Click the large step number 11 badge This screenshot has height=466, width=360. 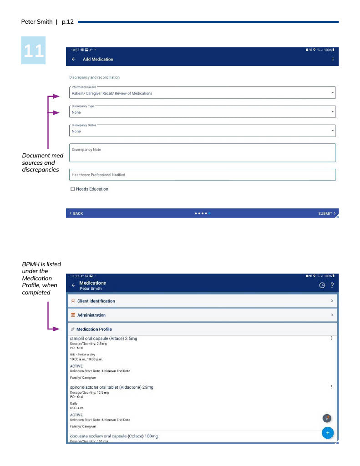33,50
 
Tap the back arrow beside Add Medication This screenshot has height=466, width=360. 74,59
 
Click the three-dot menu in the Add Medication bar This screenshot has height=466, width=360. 333,59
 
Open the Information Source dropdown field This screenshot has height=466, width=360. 202,93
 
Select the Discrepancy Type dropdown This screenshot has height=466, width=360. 202,112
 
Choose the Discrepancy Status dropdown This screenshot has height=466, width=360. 202,131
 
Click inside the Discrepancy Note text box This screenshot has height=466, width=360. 202,153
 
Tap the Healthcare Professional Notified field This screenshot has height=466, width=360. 202,175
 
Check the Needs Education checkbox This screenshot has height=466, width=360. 72,189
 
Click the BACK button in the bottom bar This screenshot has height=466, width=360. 76,213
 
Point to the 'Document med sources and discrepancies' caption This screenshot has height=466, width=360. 42,162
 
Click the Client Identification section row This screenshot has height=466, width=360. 202,301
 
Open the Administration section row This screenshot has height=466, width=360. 202,315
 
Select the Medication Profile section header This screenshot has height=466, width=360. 202,329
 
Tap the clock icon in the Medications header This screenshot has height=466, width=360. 322,285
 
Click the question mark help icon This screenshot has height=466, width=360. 332,285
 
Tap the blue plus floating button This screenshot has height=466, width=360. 327,433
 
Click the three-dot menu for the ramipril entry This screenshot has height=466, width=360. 331,338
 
